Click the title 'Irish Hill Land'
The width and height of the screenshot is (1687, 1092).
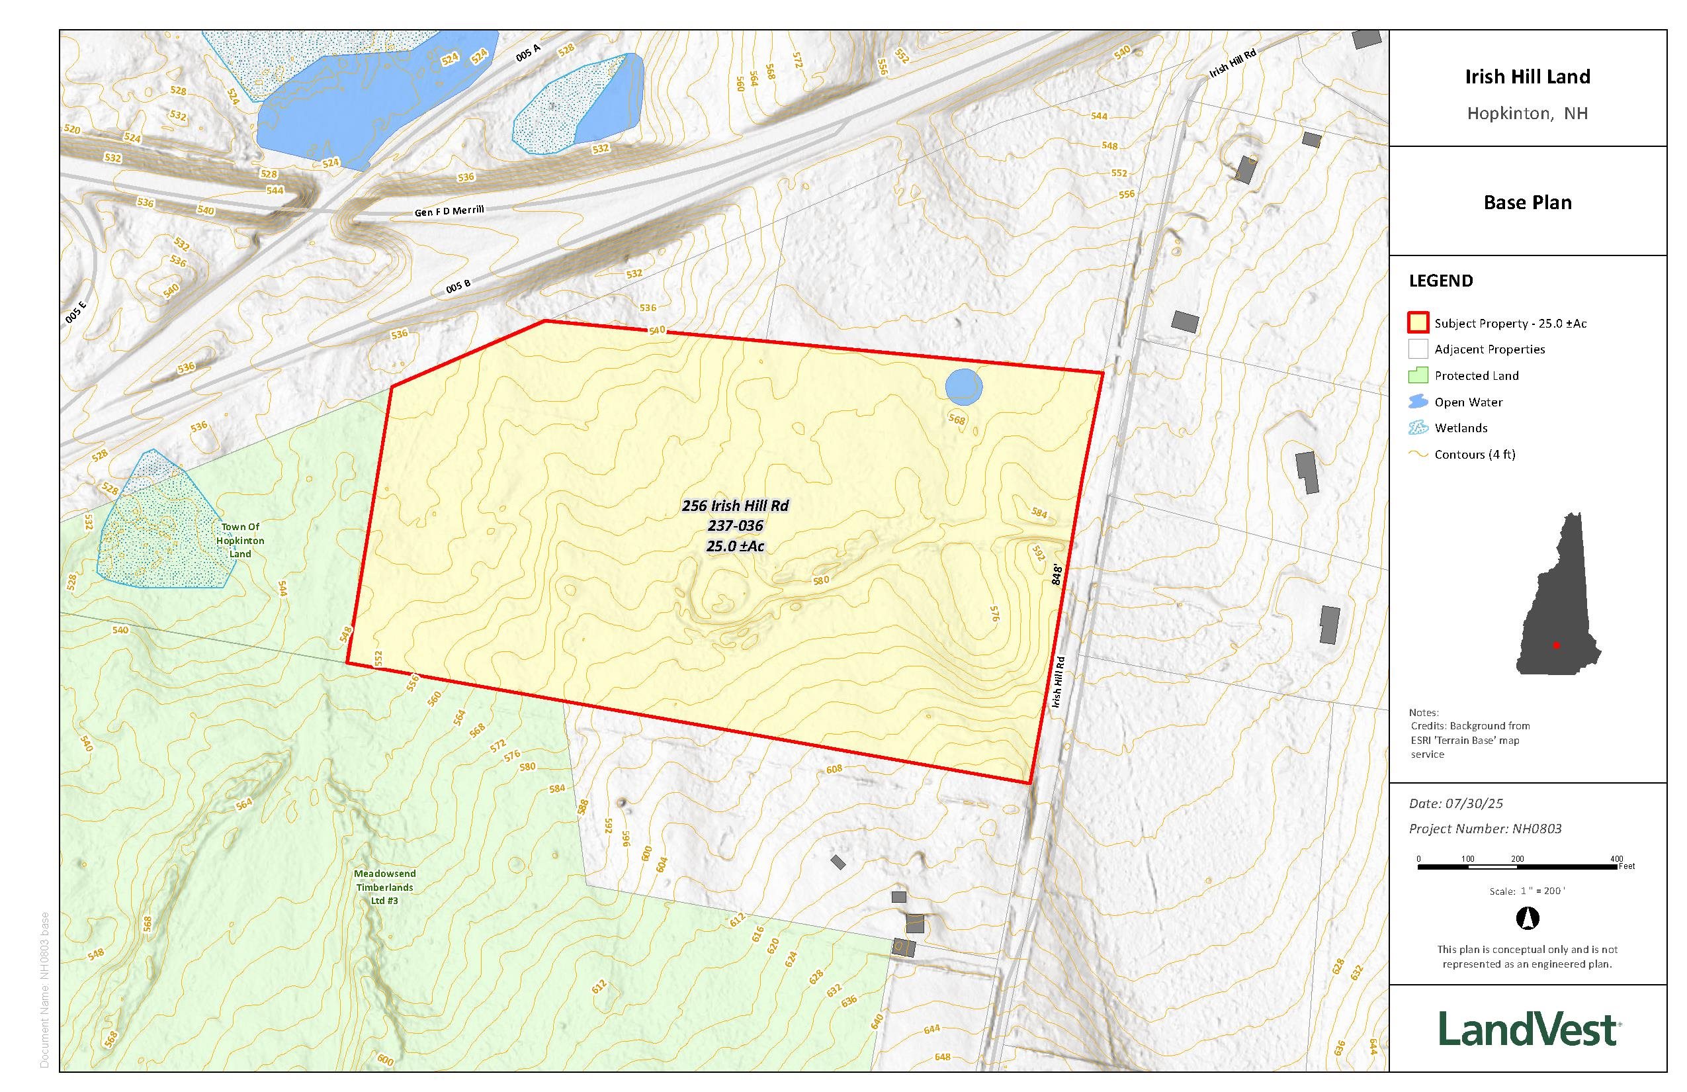[x=1528, y=77]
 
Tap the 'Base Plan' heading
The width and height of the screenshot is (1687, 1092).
[x=1528, y=203]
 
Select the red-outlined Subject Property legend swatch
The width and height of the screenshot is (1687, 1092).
[x=1418, y=323]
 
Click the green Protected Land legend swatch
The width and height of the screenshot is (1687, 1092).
[x=1418, y=375]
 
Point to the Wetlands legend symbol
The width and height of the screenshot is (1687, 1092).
[x=1418, y=428]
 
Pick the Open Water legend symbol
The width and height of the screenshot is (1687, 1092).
[x=1418, y=402]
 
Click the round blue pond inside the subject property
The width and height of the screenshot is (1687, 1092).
[x=964, y=387]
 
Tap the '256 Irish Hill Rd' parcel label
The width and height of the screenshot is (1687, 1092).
[x=735, y=506]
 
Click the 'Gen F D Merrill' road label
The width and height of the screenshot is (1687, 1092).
[x=449, y=210]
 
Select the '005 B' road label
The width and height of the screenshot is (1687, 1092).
[x=458, y=287]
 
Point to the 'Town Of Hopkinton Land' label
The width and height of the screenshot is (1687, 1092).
[x=240, y=540]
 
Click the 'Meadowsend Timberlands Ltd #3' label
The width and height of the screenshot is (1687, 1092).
[x=385, y=887]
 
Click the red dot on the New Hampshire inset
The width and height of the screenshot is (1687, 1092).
[x=1556, y=645]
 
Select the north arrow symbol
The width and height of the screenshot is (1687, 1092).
[x=1527, y=919]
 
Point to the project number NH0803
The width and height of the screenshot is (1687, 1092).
[x=1537, y=828]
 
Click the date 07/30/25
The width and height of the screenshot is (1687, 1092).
[x=1479, y=803]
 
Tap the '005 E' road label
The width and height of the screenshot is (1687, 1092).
[x=76, y=312]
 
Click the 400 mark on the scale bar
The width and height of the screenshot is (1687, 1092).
[x=1617, y=860]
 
